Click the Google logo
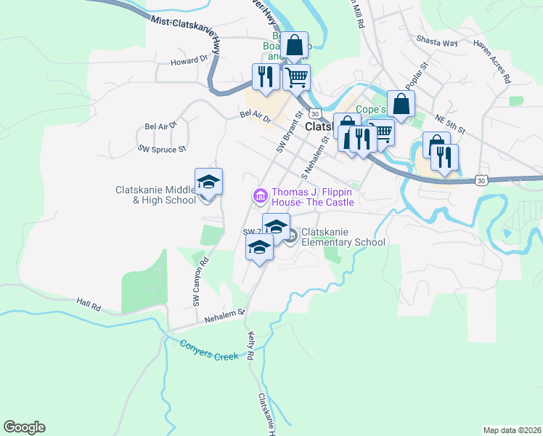(x=25, y=427)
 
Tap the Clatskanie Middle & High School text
(x=155, y=195)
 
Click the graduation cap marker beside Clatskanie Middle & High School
(x=208, y=182)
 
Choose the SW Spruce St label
(x=163, y=148)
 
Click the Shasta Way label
(x=437, y=42)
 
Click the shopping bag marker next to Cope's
(x=401, y=104)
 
